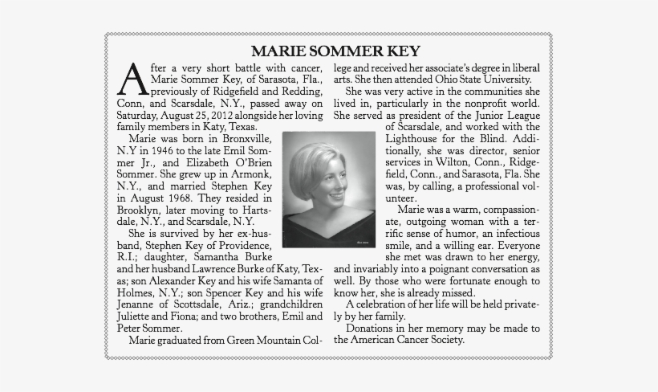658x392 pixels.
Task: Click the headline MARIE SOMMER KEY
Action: tap(329, 51)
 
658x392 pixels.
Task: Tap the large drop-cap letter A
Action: tap(131, 80)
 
